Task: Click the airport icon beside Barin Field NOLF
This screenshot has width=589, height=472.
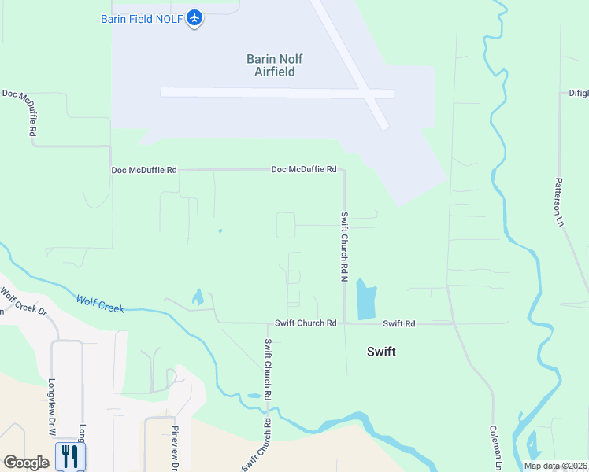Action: tap(195, 18)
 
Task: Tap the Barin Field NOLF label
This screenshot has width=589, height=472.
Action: tap(143, 18)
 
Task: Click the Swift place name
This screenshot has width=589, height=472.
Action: tap(381, 352)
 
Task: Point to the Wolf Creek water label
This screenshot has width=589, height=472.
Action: tap(100, 303)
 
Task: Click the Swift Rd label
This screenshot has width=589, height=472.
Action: tap(398, 323)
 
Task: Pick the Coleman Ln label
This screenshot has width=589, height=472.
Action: tap(496, 449)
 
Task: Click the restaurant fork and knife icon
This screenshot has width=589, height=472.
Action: tap(69, 456)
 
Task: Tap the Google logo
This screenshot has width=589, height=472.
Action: tap(26, 463)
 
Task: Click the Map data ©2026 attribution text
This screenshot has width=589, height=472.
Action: tap(555, 466)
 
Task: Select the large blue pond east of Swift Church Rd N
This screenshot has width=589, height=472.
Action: tap(366, 298)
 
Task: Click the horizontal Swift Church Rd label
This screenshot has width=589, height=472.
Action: tap(306, 323)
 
